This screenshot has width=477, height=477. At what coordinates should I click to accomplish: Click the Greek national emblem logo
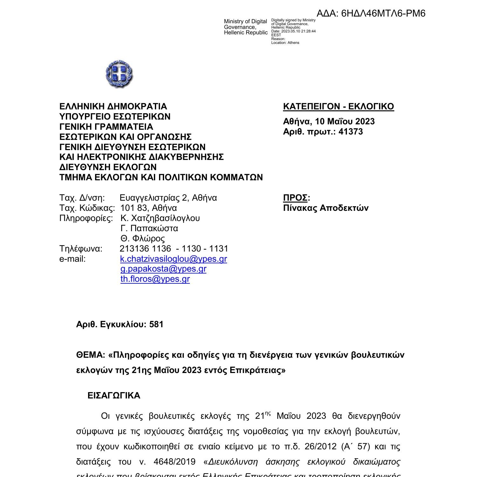119,74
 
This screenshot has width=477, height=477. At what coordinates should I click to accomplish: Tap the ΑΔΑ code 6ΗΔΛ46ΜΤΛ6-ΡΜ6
383,13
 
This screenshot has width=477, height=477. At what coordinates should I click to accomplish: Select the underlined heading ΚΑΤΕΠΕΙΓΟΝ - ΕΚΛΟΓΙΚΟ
338,107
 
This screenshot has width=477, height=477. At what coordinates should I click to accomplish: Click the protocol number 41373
351,132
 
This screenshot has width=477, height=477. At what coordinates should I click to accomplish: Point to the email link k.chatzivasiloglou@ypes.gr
174,259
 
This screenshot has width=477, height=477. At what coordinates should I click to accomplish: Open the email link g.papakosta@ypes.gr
163,269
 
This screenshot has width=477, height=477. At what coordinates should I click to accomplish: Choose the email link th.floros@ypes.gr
155,279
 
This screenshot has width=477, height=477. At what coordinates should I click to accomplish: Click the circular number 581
156,324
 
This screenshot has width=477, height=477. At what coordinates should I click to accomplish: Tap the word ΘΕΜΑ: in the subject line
91,355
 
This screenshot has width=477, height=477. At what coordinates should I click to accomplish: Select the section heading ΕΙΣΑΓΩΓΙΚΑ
114,396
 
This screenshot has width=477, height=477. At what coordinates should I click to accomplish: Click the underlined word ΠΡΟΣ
295,198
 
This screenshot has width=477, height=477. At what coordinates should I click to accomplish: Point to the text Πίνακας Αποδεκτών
326,208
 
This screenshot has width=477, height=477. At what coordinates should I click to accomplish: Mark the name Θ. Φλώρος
143,238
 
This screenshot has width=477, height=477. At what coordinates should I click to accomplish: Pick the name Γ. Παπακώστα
149,228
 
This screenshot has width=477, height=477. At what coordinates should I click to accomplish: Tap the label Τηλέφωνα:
81,249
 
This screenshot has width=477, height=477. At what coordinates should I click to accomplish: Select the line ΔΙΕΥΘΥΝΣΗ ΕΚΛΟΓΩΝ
108,167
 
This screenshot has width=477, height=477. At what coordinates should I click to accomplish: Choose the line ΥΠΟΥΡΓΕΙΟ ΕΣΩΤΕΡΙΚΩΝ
115,117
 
